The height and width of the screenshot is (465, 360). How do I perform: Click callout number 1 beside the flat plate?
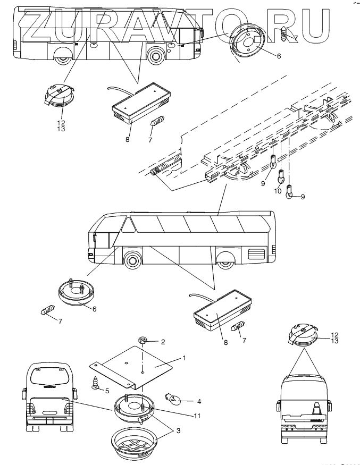(184, 358)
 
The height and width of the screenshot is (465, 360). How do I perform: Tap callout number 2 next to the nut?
(163, 342)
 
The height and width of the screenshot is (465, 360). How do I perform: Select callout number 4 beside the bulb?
(185, 402)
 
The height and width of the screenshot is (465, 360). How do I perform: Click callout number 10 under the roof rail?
(277, 192)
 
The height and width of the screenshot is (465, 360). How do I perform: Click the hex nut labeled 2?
(143, 340)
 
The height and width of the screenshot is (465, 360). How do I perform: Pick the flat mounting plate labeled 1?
(136, 367)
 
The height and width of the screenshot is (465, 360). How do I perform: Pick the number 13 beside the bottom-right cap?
(334, 341)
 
